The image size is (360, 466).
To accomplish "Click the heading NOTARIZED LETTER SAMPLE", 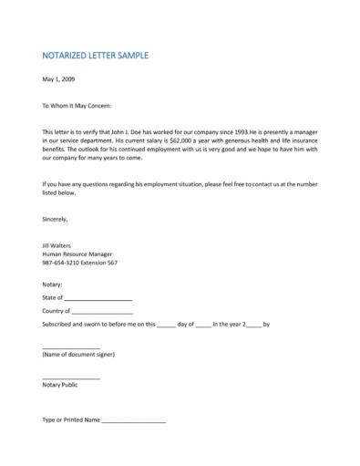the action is (x=95, y=56).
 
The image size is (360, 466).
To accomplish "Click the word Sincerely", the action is (x=56, y=219).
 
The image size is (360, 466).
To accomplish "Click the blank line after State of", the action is (x=98, y=299).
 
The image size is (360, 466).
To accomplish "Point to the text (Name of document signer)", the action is (x=78, y=355).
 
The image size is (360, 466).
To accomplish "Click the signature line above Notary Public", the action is (x=71, y=378).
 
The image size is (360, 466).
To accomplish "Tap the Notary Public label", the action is (x=60, y=385).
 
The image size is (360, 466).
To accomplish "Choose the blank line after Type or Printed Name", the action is (x=133, y=421).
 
